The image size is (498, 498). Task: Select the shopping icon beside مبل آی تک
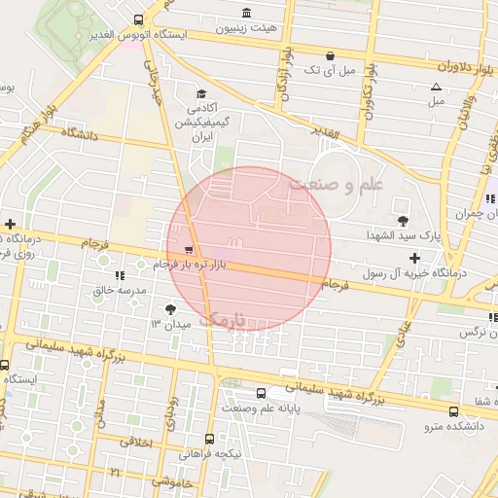coord(333,54)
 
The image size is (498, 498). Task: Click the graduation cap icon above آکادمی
coord(201,94)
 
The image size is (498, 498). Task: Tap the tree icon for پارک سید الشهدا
coord(404,221)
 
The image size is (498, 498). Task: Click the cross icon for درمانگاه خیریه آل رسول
coord(415,258)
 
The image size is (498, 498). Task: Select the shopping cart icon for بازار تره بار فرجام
coord(187,248)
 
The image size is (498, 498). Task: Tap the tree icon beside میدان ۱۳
coord(171,308)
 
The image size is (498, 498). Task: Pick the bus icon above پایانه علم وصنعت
coord(261,393)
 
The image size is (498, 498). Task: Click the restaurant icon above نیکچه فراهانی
coord(230,439)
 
